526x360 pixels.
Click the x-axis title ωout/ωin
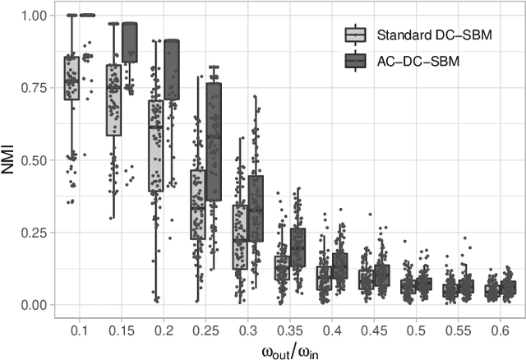pyautogui.click(x=286, y=348)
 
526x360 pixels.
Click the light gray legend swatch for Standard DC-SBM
pyautogui.click(x=355, y=35)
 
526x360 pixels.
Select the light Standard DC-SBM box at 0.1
pyautogui.click(x=72, y=78)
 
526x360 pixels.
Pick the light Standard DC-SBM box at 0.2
pyautogui.click(x=155, y=146)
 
